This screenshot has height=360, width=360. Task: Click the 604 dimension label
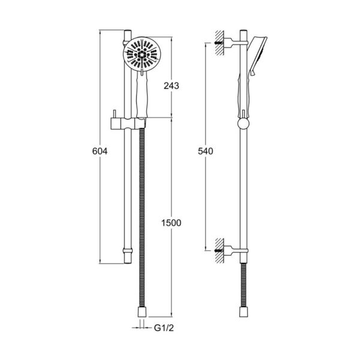click(x=100, y=151)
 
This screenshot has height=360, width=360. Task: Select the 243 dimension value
click(x=171, y=86)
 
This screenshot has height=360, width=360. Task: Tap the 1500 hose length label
click(x=171, y=223)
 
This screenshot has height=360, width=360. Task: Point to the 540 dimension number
click(x=205, y=151)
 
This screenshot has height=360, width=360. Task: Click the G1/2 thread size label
click(x=164, y=328)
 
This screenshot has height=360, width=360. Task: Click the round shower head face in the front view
click(x=142, y=54)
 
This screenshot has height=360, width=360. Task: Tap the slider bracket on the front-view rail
click(x=128, y=124)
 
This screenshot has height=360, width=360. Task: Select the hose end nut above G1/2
click(x=142, y=311)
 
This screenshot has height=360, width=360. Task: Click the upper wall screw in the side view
click(x=219, y=43)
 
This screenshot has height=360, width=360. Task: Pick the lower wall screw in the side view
click(x=219, y=250)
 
